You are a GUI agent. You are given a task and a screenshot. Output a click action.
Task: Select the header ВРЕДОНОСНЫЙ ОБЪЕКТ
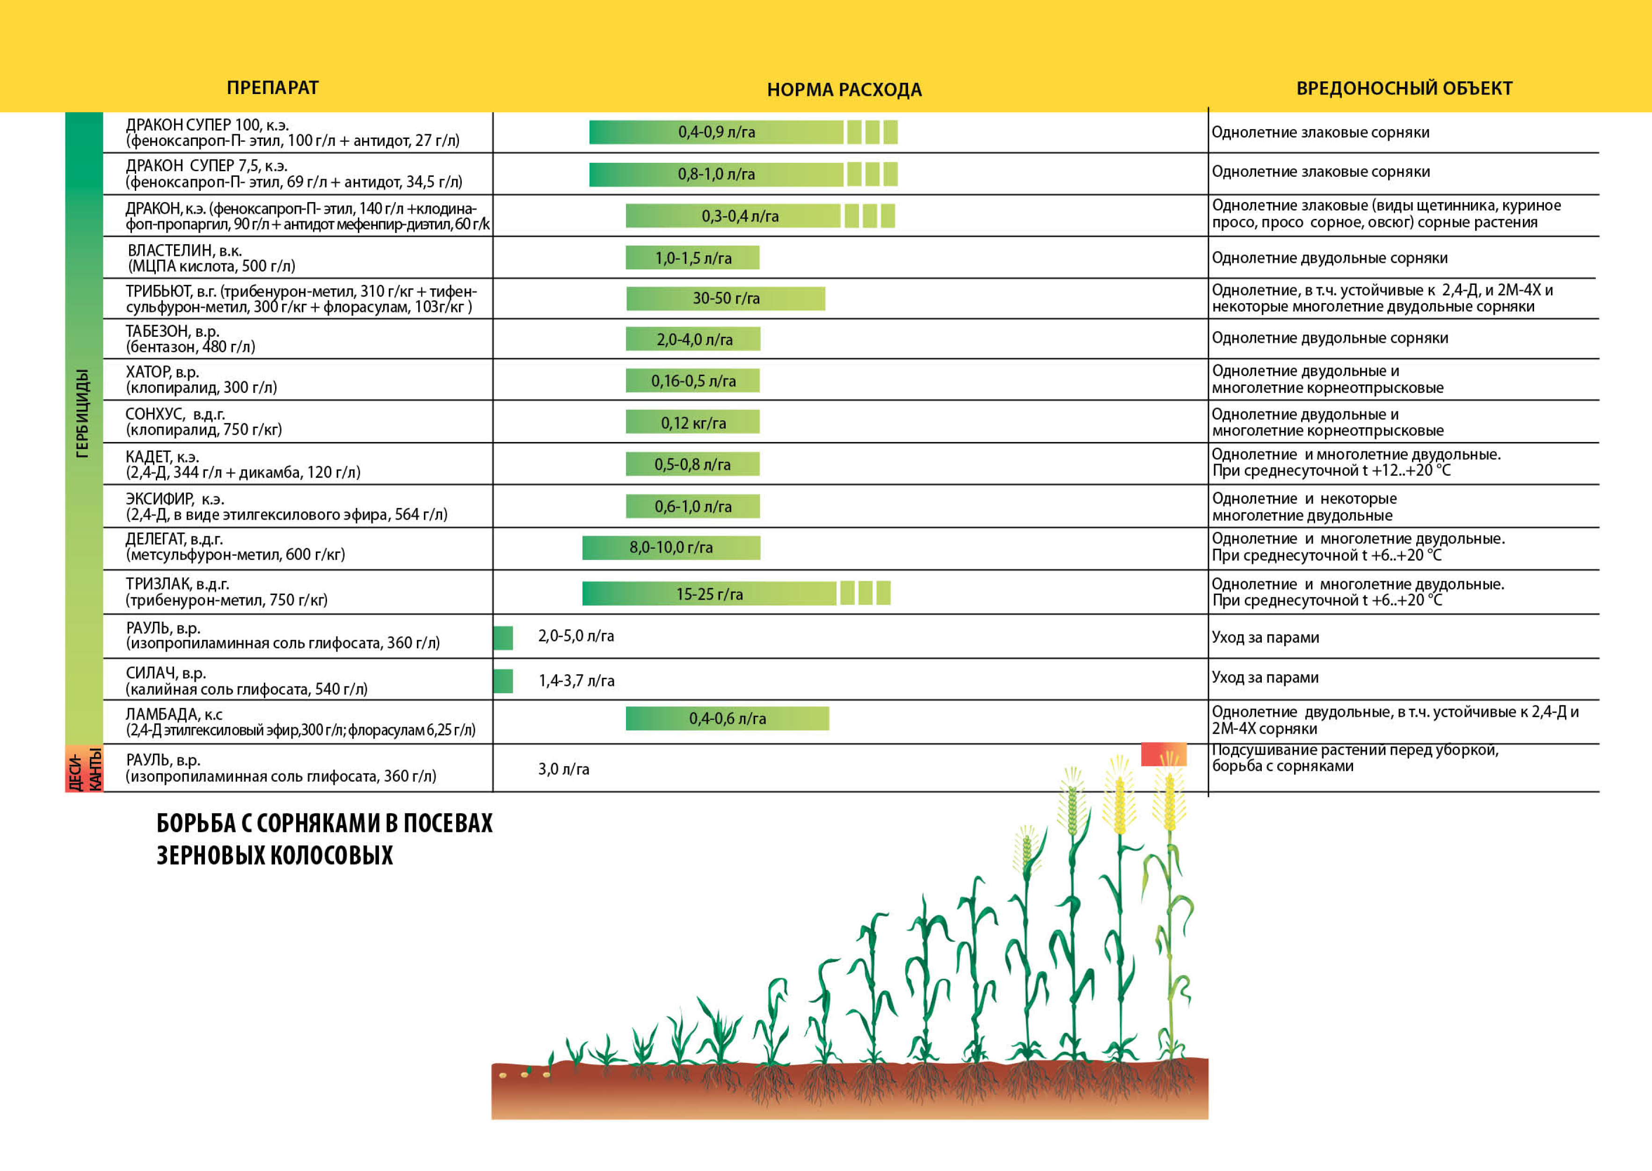(1404, 88)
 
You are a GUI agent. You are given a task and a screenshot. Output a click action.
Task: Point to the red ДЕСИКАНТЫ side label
(84, 769)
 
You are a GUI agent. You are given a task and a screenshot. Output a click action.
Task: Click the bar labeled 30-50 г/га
(725, 298)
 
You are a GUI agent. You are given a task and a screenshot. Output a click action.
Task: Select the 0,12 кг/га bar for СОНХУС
(692, 422)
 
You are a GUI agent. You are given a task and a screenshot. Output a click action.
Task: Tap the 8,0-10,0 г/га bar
(670, 548)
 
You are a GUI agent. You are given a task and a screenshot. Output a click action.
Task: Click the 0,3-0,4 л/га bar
(739, 216)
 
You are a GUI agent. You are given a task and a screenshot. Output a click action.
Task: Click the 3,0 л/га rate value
(563, 770)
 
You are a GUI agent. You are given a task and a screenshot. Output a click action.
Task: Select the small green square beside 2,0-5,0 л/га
(503, 637)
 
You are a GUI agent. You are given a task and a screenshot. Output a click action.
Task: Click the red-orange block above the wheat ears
(1163, 754)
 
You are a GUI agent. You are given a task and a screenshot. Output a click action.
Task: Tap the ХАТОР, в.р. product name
(162, 372)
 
